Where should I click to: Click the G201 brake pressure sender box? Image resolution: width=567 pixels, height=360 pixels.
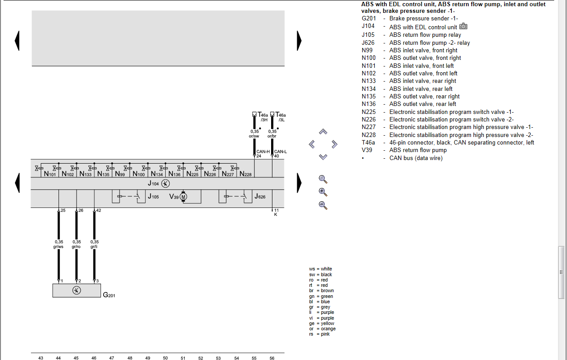point(77,290)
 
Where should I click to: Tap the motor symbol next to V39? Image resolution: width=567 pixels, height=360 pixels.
point(183,196)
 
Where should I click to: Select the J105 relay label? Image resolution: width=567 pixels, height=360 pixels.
point(153,196)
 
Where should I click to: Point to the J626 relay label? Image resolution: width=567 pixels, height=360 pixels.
point(260,196)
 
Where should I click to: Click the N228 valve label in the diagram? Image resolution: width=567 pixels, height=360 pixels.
point(245,174)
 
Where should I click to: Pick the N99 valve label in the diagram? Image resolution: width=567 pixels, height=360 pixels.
point(120,174)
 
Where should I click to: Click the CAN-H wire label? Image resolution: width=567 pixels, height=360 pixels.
point(263,152)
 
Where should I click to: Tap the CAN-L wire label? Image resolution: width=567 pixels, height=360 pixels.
point(280,152)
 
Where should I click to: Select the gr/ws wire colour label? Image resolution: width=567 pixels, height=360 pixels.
point(58,247)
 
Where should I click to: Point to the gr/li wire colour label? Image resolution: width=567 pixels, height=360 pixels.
point(94,247)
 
